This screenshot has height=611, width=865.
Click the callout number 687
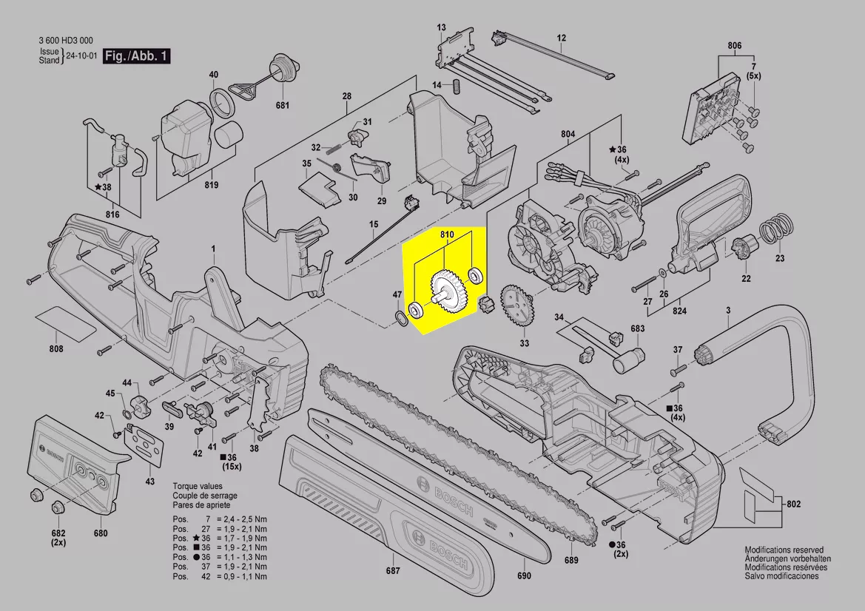click(x=393, y=570)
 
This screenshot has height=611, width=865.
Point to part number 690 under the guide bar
click(x=524, y=576)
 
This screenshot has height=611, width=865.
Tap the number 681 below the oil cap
click(x=283, y=106)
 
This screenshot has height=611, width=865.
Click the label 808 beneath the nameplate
click(x=55, y=348)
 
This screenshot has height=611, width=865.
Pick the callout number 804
click(x=568, y=134)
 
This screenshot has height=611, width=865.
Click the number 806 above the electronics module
click(x=734, y=46)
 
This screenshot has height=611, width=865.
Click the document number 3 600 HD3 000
click(x=65, y=41)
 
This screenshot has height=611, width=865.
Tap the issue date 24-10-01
click(x=81, y=56)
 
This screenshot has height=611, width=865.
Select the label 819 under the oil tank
click(x=211, y=184)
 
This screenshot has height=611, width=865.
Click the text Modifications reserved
click(x=784, y=550)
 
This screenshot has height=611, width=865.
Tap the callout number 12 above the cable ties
click(x=561, y=38)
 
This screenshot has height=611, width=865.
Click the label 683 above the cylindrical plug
click(x=637, y=328)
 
